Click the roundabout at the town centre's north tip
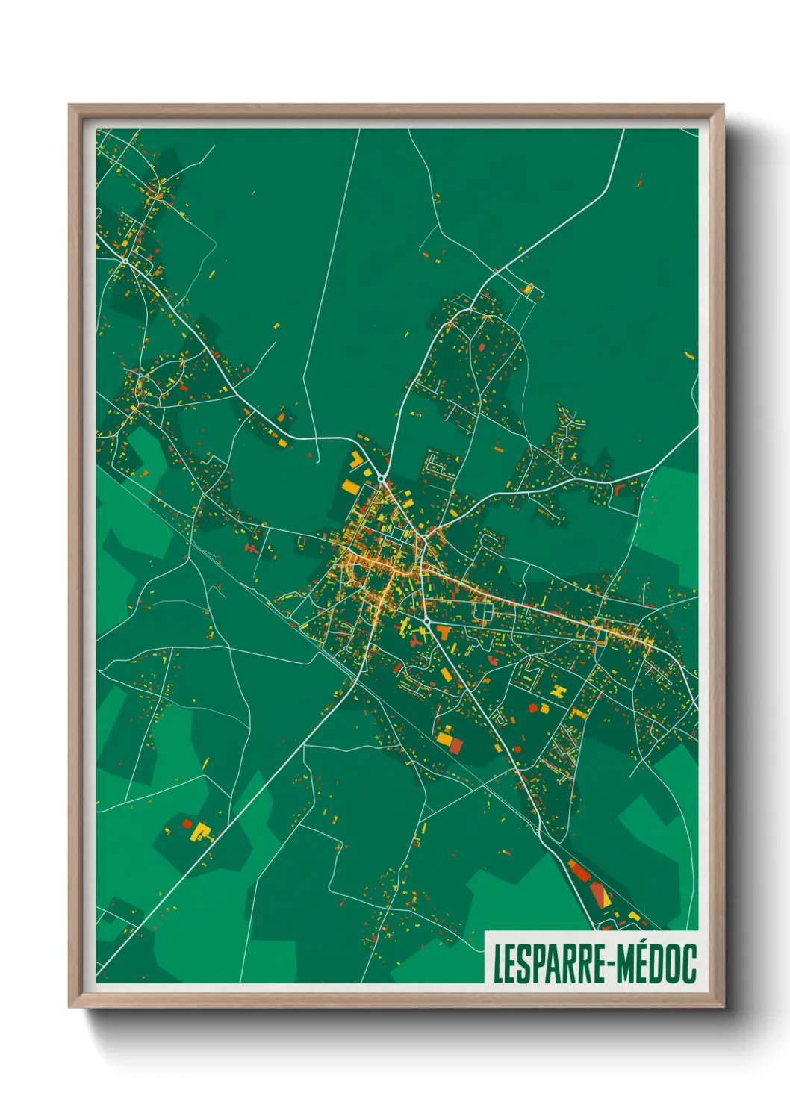(x=382, y=478)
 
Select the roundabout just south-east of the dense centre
(x=426, y=621)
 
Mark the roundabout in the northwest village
(x=125, y=261)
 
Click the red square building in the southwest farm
(x=187, y=824)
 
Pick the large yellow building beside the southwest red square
(x=200, y=830)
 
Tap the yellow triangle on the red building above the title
(x=606, y=900)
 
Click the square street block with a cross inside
(x=484, y=614)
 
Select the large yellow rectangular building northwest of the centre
(x=349, y=486)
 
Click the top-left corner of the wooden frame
(x=69, y=105)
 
